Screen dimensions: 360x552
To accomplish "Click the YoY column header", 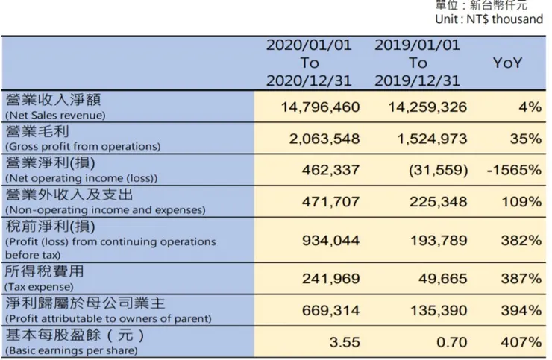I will [x=507, y=63].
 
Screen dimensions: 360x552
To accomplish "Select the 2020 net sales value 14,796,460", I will [x=320, y=107].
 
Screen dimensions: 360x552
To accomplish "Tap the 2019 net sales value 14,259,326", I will [x=427, y=107].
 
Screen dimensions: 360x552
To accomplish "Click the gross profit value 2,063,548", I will [x=324, y=139].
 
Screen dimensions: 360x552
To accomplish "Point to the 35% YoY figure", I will [x=526, y=139].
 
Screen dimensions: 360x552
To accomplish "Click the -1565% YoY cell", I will [x=513, y=170].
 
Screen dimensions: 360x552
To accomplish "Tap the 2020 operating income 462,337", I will [x=330, y=170].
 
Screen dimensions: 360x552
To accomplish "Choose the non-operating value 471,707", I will [x=330, y=201].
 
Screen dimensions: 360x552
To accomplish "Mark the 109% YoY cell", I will [x=522, y=201].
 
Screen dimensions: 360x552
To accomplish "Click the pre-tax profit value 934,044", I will [x=330, y=241].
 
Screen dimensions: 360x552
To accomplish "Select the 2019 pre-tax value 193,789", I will [x=438, y=241].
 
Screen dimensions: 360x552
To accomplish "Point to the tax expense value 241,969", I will [x=330, y=279].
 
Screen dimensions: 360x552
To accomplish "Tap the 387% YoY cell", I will [x=522, y=279].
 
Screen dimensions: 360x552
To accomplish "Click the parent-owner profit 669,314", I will [x=330, y=310].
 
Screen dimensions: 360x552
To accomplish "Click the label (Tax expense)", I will [x=40, y=286].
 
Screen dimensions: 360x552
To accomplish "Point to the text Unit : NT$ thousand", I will [x=489, y=19].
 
